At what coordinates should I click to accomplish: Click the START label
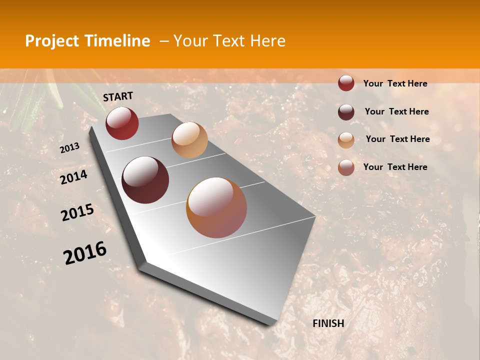click(118, 96)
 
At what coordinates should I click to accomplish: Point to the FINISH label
click(328, 323)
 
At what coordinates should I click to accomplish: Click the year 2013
click(69, 148)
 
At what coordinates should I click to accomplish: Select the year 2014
click(73, 177)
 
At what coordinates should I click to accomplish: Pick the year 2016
click(85, 253)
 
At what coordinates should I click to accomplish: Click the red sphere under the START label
click(122, 123)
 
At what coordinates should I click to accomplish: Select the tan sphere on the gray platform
click(189, 140)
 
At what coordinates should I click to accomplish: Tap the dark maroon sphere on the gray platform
click(145, 180)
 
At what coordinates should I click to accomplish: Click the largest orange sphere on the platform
click(216, 207)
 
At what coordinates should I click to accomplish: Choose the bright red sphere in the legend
click(346, 83)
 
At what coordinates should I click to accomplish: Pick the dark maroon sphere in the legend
click(346, 112)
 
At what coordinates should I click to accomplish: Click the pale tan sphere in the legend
click(346, 140)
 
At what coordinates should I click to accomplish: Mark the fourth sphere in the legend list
click(346, 167)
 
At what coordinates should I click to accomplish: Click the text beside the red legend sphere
click(395, 83)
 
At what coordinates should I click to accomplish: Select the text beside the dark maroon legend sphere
click(396, 111)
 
